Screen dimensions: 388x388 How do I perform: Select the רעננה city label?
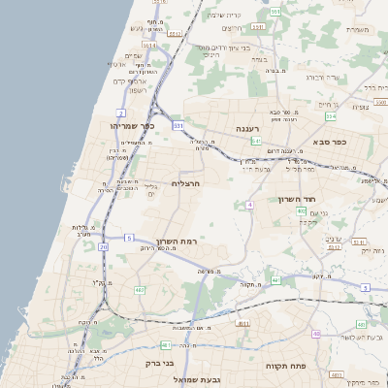point(247,128)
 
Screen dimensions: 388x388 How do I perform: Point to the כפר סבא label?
point(330,143)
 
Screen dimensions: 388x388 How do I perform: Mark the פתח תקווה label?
point(287,366)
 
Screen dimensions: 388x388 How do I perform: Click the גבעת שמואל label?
point(198,378)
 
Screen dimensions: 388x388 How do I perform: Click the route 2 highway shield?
point(120,113)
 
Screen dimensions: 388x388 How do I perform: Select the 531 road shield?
point(178,125)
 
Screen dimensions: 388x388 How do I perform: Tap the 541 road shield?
point(256,142)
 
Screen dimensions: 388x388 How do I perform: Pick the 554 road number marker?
point(331,116)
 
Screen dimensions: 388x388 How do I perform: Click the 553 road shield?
point(275,12)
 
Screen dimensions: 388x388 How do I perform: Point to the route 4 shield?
point(249,205)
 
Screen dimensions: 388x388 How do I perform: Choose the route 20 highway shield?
point(104,247)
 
